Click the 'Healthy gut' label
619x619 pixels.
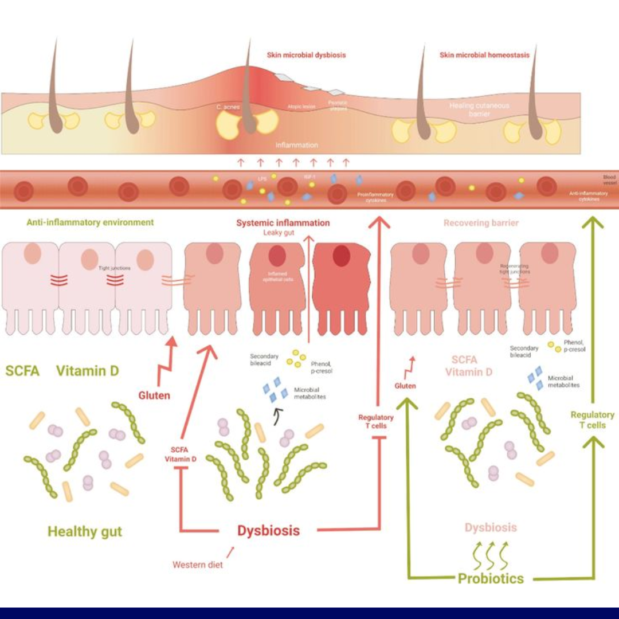(x=85, y=531)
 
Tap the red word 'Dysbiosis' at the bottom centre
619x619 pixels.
(x=268, y=530)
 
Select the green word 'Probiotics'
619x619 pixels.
(x=491, y=578)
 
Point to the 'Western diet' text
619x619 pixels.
(x=198, y=565)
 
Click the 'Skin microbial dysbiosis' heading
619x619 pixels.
(x=306, y=56)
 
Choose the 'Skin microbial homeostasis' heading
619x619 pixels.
(x=484, y=56)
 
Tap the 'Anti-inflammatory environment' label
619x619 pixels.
(x=90, y=222)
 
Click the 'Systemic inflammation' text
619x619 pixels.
(x=283, y=223)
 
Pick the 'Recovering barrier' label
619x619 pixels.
(x=481, y=223)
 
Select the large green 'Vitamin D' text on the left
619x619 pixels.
(x=88, y=371)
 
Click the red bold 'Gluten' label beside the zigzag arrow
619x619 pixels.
(x=154, y=395)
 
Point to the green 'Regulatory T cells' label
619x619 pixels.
(x=592, y=420)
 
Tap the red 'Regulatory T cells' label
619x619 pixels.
(x=376, y=421)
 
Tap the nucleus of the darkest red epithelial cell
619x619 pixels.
(x=343, y=256)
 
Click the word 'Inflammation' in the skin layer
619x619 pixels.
(x=296, y=145)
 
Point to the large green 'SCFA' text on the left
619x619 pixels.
(x=22, y=371)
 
